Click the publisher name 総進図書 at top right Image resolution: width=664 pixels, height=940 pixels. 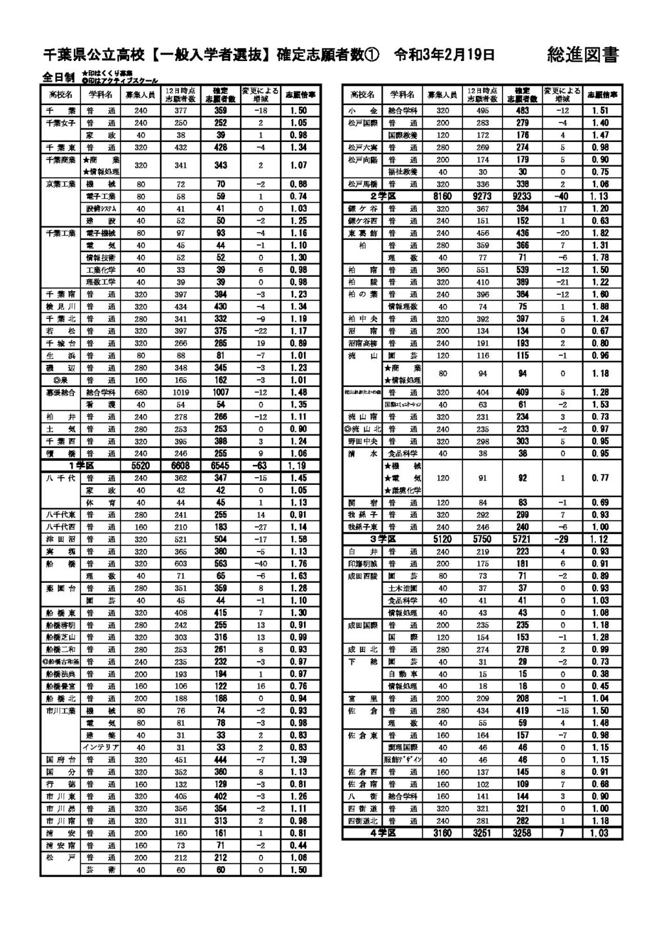click(582, 55)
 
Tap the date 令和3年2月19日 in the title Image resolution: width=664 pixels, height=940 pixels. click(444, 55)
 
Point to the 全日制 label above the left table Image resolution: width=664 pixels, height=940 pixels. click(58, 77)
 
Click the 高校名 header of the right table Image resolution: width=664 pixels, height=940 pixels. click(362, 95)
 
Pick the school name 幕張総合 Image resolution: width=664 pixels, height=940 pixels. click(60, 392)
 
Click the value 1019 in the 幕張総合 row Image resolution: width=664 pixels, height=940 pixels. click(181, 392)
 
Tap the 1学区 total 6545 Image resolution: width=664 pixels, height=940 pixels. click(220, 465)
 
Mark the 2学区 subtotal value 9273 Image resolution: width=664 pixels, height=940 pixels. click(482, 196)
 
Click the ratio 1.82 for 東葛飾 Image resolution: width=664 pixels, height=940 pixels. click(600, 233)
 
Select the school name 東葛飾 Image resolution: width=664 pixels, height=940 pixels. click(362, 233)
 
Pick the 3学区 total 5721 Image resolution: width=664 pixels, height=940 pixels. click(522, 539)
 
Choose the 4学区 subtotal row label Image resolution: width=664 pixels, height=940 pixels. click(383, 833)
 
